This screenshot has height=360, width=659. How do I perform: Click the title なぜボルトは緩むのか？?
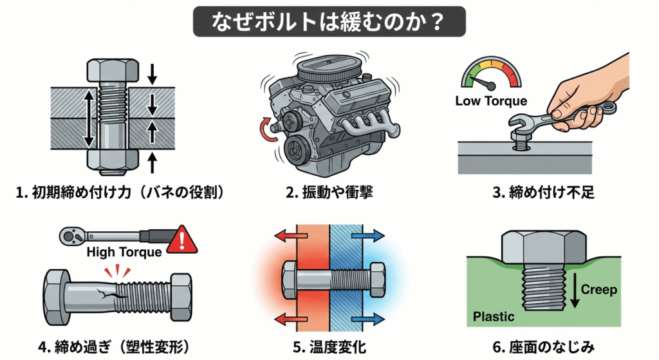click(x=329, y=21)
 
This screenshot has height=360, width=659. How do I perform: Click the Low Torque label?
click(x=491, y=101)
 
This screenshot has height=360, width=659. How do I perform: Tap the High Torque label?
click(x=124, y=252)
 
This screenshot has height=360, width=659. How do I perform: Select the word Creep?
click(x=599, y=289)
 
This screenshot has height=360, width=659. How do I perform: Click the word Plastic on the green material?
click(x=494, y=317)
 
